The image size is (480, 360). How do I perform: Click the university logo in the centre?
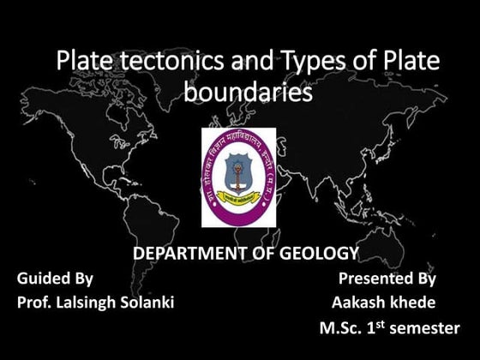238,177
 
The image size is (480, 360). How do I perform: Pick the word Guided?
43,279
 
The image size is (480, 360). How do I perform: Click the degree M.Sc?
339,328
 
